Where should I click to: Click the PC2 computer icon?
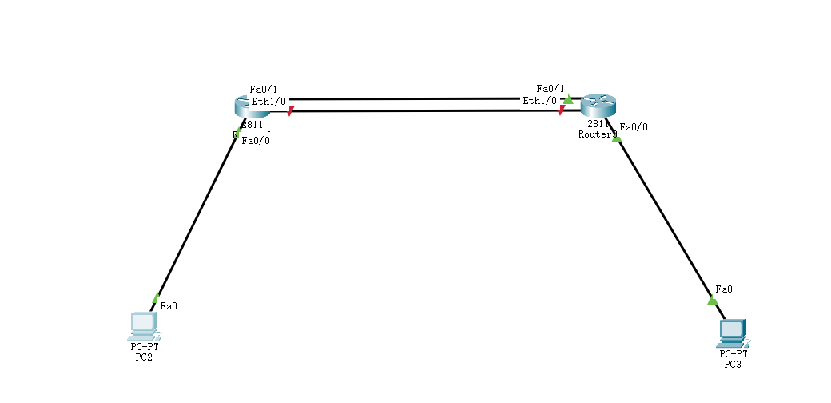(x=143, y=325)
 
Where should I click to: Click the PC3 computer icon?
(x=732, y=332)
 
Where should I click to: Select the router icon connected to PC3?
(x=598, y=105)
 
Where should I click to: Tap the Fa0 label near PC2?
(x=169, y=305)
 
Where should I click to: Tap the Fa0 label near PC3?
(x=723, y=289)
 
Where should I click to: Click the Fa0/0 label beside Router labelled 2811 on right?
(x=634, y=126)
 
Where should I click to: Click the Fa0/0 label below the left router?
(x=256, y=141)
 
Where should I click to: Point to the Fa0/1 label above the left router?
(x=262, y=89)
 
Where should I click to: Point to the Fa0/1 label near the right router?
(x=550, y=89)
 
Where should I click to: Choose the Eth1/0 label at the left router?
(x=269, y=102)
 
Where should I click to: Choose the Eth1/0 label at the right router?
(x=539, y=101)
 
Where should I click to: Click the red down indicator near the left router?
(x=291, y=110)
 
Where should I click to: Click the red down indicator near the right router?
(x=562, y=110)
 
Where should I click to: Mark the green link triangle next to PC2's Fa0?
(x=155, y=298)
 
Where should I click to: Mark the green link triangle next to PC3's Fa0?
(x=712, y=301)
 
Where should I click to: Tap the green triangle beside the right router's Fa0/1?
(x=568, y=100)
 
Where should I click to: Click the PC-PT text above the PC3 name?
(x=733, y=353)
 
